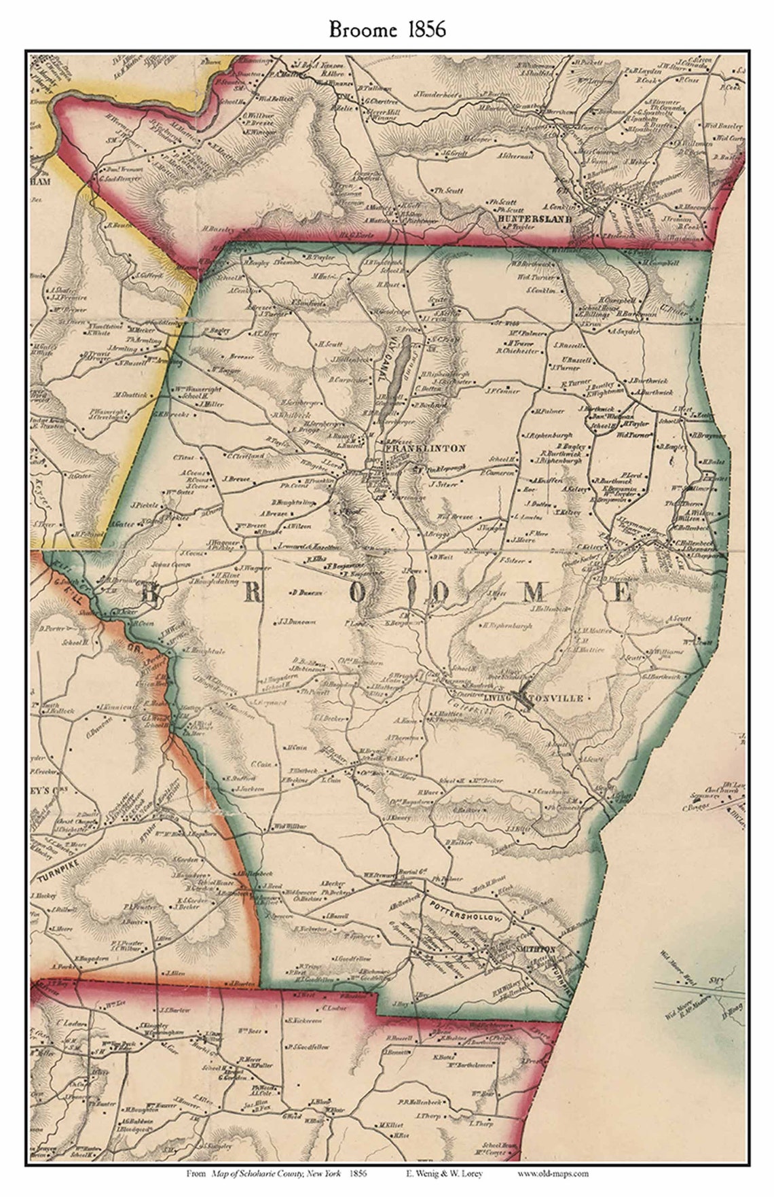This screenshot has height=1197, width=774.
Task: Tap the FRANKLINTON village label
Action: (x=425, y=448)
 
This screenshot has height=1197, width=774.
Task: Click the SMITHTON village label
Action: (x=536, y=948)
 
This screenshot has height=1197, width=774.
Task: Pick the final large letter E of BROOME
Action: (x=621, y=593)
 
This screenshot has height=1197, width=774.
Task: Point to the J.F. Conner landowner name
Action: (x=502, y=391)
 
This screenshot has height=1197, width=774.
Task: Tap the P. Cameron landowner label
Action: (x=500, y=472)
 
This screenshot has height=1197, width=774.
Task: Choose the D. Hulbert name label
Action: (x=458, y=842)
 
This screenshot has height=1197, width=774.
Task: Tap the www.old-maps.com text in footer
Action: (x=553, y=1173)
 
